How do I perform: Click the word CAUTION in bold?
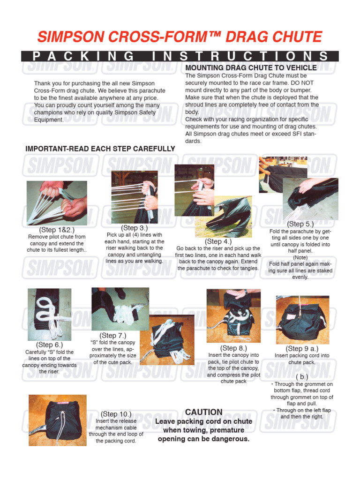point(203,412)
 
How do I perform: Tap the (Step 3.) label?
point(135,228)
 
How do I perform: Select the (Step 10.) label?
point(116,414)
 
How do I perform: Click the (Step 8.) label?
point(233,348)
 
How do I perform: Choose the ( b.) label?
point(302,377)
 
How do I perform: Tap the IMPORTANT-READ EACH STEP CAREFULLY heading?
point(100,149)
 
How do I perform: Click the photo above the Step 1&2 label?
point(56,202)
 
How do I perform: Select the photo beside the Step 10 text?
point(57,420)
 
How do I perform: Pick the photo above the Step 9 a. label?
point(302,320)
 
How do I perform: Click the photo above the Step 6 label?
point(50,315)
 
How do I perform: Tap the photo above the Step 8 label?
point(233,315)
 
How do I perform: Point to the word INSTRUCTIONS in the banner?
point(239,56)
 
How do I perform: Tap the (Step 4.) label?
point(218,241)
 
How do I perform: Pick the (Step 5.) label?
point(300,224)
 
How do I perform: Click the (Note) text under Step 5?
point(300,257)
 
